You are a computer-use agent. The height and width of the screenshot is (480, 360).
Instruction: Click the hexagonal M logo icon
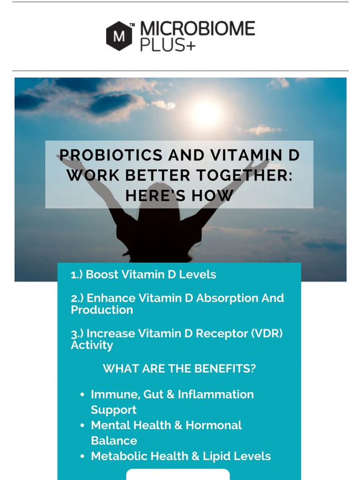coord(119,35)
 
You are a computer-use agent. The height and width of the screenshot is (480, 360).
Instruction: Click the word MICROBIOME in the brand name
coord(197,29)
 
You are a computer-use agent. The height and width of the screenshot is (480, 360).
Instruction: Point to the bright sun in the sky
coord(206,112)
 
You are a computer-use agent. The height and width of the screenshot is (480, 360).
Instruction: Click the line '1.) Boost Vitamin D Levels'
coord(143,274)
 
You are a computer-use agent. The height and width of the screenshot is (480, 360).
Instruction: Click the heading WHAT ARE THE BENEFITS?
coord(179,368)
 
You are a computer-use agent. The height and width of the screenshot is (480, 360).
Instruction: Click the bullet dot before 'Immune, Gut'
coord(83,394)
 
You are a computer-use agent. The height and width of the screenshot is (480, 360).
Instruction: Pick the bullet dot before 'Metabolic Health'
coord(83,456)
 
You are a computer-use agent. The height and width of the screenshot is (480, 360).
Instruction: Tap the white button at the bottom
coord(178,474)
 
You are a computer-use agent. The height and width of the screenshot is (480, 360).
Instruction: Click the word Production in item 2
coord(102,309)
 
